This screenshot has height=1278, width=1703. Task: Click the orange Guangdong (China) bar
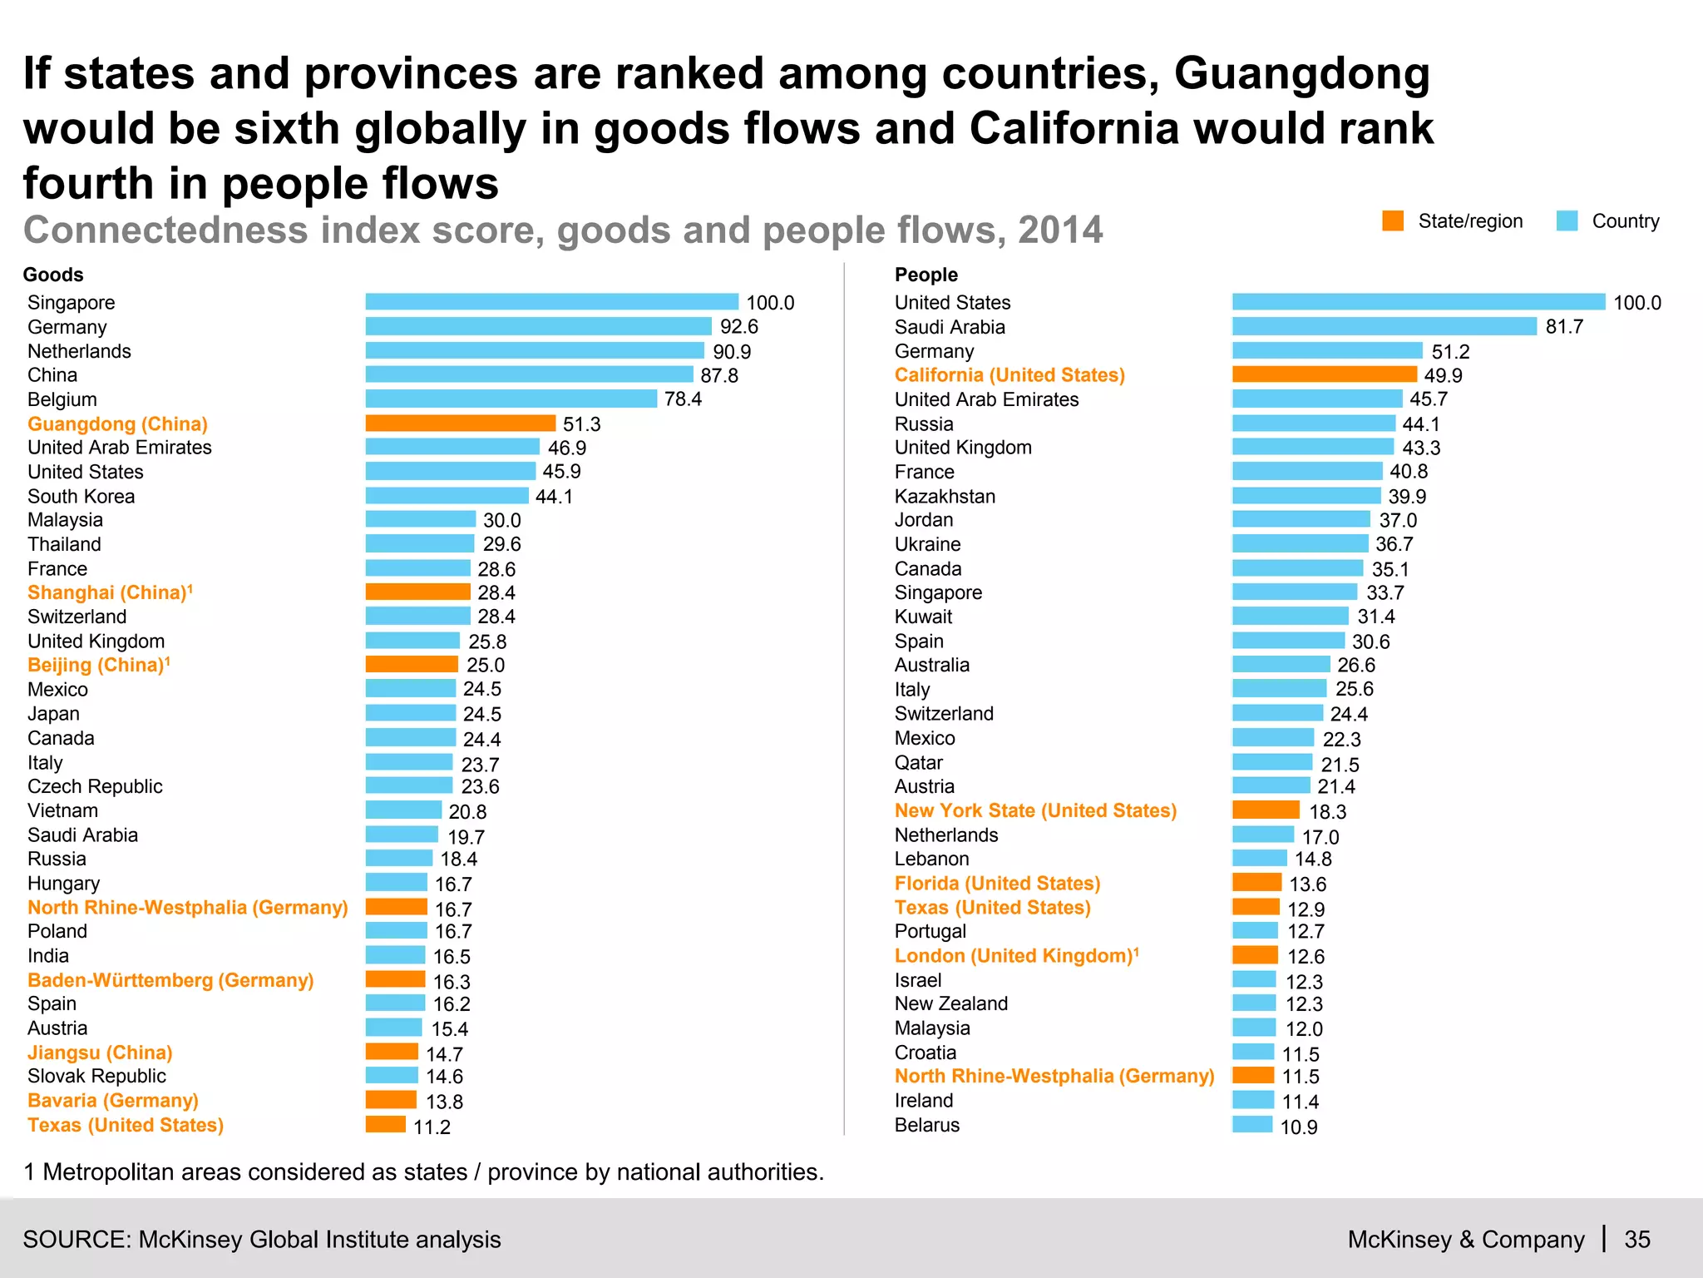[460, 424]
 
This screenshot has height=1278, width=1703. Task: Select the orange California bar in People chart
[1324, 375]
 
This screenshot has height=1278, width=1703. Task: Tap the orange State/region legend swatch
[1393, 221]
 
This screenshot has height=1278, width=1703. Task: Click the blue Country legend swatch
[1567, 221]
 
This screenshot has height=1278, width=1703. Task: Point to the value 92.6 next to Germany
[738, 327]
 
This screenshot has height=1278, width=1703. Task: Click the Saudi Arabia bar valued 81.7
[1384, 327]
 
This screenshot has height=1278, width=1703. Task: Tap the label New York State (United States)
[1035, 810]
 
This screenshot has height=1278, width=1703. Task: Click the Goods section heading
[53, 275]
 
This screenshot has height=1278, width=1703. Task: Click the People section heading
[926, 275]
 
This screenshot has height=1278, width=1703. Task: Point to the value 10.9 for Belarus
[1298, 1127]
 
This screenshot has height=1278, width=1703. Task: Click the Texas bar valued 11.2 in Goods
[386, 1125]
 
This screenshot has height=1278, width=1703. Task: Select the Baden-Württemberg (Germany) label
[170, 980]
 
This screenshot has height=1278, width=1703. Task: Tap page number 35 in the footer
[1636, 1240]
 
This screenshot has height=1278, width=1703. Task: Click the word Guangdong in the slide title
[1301, 73]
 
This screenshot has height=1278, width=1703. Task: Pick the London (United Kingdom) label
[1014, 956]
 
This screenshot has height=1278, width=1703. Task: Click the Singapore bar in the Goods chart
[551, 302]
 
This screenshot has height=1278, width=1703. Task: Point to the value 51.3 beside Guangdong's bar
[581, 424]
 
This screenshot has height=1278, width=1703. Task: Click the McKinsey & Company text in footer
[1465, 1240]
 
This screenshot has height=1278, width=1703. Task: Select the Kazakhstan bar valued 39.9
[1306, 496]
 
